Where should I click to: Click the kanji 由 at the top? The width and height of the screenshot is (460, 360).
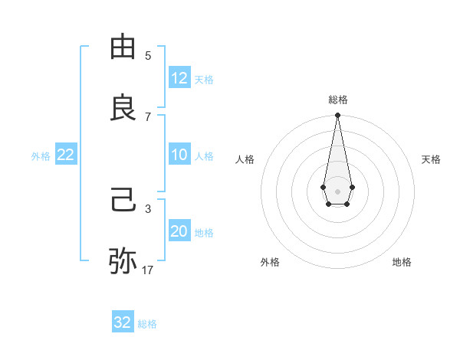pos(123,47)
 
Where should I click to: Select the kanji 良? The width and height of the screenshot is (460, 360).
pos(123,107)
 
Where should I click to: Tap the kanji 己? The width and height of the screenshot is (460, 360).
pos(123,201)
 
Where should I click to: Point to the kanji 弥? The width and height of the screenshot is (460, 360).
pos(123,260)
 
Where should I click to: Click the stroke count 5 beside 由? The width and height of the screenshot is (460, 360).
pos(148,56)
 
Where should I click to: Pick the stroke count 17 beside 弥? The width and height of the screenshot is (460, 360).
pos(148,270)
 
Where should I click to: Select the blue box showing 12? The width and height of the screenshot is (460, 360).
pos(179,78)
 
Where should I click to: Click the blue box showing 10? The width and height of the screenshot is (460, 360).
pos(179,155)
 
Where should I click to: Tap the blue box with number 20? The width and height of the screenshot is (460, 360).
pos(179,231)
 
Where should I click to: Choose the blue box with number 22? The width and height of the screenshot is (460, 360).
pos(66,155)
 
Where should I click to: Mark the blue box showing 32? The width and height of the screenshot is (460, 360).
pos(123,322)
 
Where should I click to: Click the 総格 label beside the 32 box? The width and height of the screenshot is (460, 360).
pos(147,324)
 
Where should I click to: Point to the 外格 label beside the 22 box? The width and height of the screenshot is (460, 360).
pos(41,156)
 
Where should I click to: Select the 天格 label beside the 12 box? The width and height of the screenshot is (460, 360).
pos(204,80)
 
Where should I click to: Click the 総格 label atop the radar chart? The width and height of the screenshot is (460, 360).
pos(338,100)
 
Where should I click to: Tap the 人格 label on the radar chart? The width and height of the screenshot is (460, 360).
pos(245,159)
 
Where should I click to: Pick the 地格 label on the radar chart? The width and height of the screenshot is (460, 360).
pos(402,262)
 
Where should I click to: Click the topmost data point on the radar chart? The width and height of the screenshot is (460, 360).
pos(337,116)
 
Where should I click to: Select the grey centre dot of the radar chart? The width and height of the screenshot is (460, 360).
pos(337,190)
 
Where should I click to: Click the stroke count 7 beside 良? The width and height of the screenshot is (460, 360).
pos(148,116)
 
